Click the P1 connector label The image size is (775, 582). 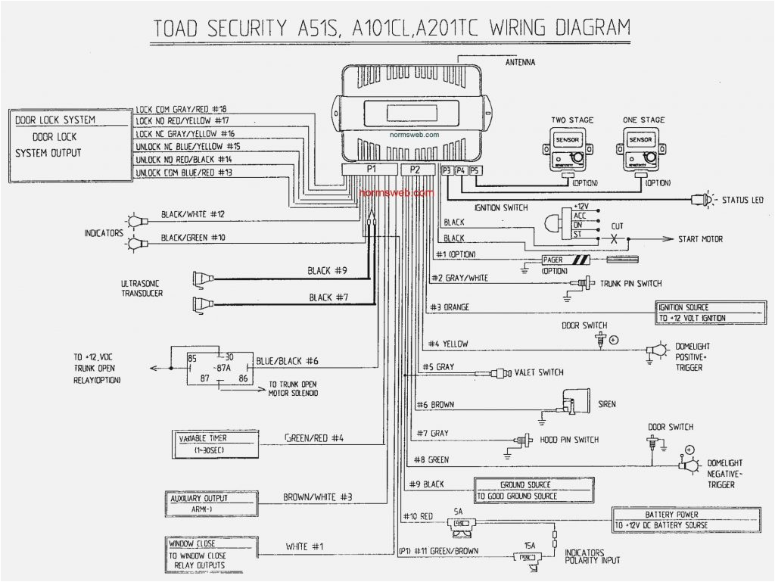(371, 170)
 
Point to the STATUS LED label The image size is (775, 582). (742, 200)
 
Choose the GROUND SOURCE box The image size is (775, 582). (534, 490)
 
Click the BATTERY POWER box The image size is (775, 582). (686, 518)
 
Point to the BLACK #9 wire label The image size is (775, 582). (327, 270)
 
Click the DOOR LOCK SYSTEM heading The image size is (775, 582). (55, 120)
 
